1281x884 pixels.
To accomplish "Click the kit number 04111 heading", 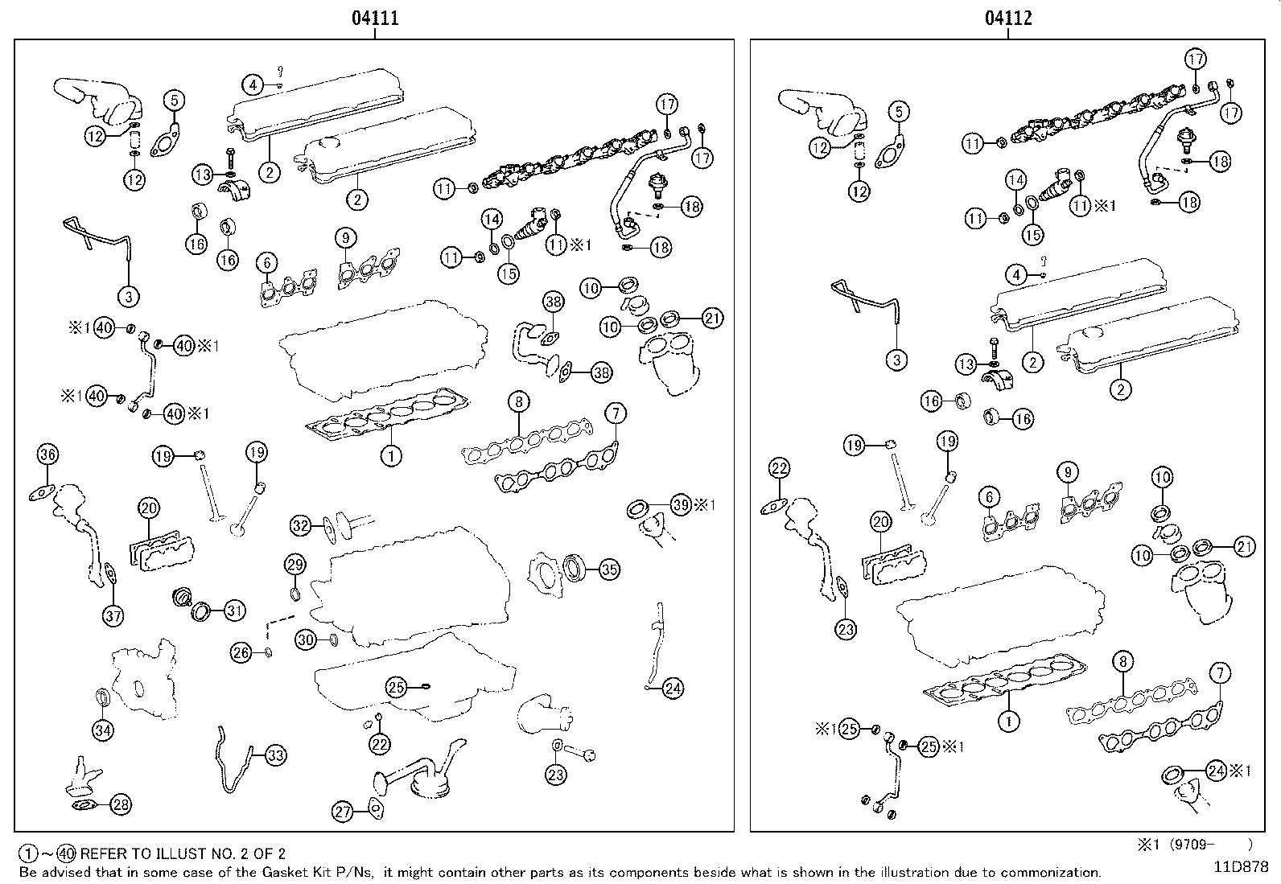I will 375,18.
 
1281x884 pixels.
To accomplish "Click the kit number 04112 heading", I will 1008,18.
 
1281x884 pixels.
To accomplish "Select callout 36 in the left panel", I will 47,454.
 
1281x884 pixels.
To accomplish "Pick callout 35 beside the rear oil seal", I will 610,569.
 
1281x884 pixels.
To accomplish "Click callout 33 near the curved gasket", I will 275,755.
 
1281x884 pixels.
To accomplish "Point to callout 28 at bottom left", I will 121,804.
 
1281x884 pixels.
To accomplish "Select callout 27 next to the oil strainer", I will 344,812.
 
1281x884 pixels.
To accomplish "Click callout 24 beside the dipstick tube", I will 673,688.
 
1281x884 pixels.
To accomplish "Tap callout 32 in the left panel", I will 300,526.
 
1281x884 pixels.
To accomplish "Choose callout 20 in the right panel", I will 881,522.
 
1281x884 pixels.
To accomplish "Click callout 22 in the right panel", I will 778,468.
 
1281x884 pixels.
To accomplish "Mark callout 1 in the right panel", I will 1008,722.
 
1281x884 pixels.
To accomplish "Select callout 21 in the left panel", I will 712,318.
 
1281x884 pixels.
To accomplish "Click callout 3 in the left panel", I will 128,297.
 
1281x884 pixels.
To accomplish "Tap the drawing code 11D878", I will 1242,867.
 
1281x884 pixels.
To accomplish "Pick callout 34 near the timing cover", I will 103,730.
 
